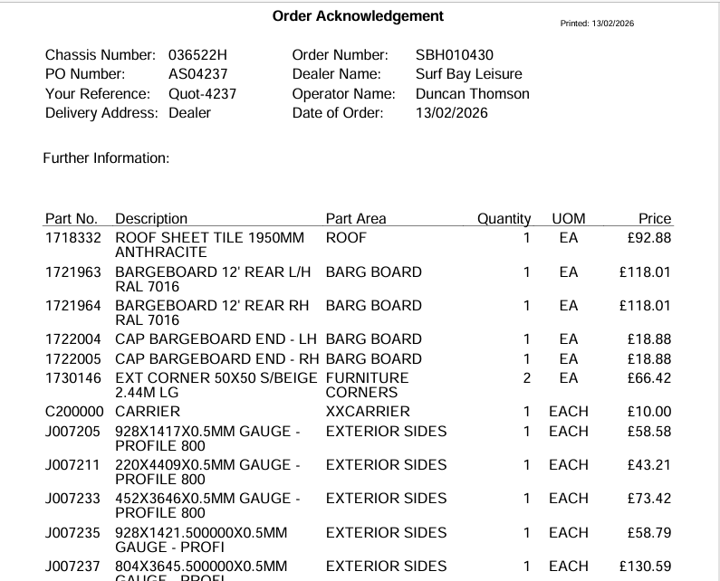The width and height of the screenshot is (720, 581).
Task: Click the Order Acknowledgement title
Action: [359, 16]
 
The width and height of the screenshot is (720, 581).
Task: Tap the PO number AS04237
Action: [197, 74]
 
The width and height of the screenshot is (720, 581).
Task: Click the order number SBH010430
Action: [454, 55]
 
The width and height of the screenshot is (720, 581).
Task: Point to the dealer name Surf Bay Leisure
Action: [468, 74]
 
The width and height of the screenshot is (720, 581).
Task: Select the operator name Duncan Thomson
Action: [472, 93]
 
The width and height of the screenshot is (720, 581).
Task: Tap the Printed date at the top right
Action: [598, 23]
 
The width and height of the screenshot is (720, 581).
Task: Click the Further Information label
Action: [106, 158]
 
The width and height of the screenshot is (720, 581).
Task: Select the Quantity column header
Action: [504, 218]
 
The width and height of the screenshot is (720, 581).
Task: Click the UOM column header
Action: [568, 218]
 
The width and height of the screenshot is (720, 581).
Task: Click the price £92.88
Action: [648, 238]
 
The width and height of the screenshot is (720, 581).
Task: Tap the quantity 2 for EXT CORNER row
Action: [526, 377]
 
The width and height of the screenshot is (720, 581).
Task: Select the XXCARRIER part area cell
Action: [368, 411]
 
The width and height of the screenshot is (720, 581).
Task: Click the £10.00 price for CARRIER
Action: [648, 411]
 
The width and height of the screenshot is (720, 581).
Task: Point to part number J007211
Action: [74, 464]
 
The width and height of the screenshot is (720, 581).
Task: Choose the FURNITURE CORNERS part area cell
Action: [367, 385]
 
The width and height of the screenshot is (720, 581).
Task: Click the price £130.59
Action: [645, 566]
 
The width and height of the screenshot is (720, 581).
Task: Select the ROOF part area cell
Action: [346, 238]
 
